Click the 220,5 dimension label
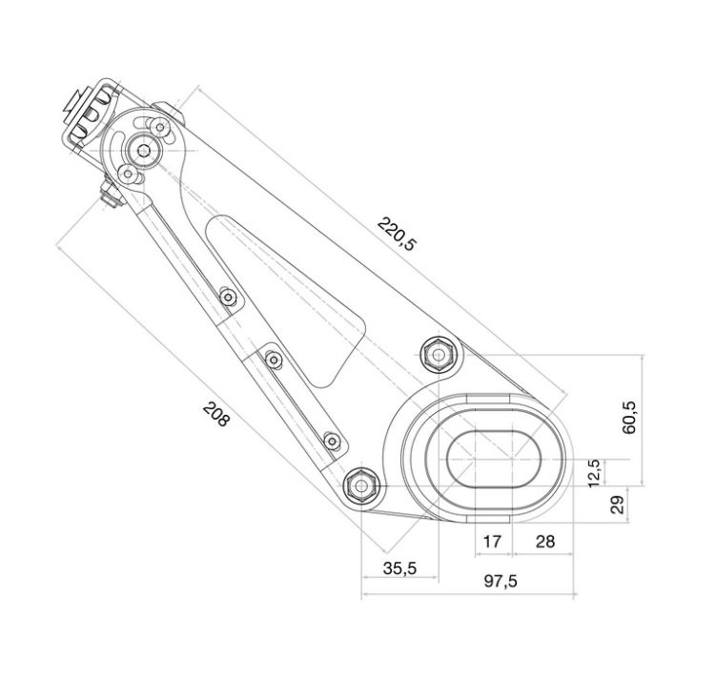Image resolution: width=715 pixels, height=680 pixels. pyautogui.click(x=397, y=234)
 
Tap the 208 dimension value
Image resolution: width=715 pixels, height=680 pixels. pyautogui.click(x=216, y=414)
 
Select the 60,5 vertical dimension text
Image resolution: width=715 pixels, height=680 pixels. pyautogui.click(x=630, y=417)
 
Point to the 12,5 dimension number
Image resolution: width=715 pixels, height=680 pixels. pyautogui.click(x=594, y=471)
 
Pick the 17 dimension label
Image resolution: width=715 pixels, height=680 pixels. pyautogui.click(x=493, y=541)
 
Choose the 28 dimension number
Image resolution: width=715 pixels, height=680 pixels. pyautogui.click(x=544, y=541)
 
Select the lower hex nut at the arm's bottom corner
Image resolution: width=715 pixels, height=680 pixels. pyautogui.click(x=362, y=484)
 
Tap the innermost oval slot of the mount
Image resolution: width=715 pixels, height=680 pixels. pyautogui.click(x=494, y=458)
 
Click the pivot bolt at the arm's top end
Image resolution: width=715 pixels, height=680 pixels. pyautogui.click(x=145, y=150)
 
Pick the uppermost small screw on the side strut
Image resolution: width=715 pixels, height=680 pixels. pyautogui.click(x=227, y=297)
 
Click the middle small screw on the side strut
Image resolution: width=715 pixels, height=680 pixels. pyautogui.click(x=275, y=360)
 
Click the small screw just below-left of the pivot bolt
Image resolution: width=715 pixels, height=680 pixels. pyautogui.click(x=128, y=173)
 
